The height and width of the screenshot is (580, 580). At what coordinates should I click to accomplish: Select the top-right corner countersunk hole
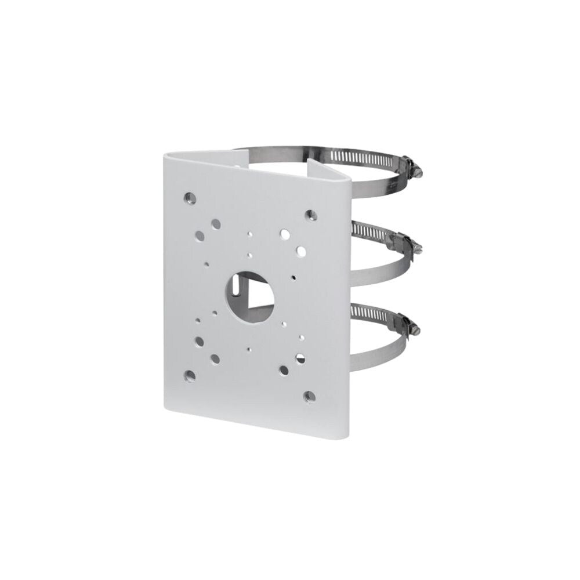tap(310, 215)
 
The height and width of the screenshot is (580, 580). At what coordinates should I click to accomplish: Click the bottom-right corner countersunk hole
tap(309, 396)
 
